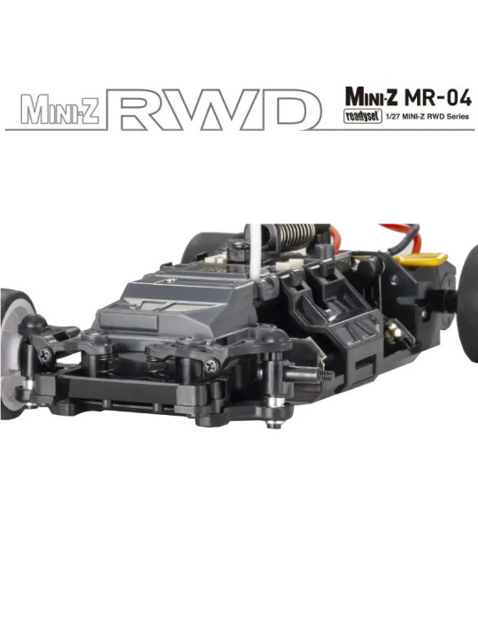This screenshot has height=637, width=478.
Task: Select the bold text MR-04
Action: tap(431, 93)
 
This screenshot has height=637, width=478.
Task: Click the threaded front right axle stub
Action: tap(320, 374)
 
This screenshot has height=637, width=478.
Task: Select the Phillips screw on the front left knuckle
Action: tap(42, 354)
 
